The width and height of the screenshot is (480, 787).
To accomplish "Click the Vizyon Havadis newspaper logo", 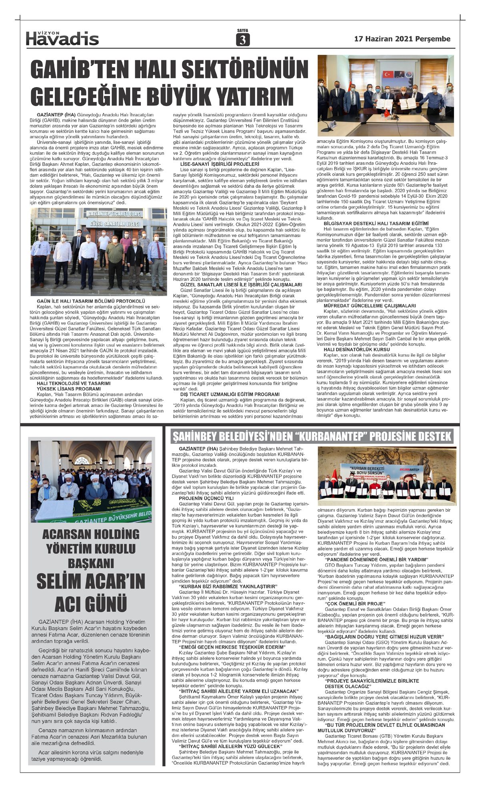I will click(62, 38).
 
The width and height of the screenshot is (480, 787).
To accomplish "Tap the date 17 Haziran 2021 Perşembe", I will click(402, 39).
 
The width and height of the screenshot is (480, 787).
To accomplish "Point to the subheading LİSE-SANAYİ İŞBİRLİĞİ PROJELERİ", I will click(220, 164).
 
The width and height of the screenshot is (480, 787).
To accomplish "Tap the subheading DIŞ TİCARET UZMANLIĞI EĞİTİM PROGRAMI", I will click(230, 394).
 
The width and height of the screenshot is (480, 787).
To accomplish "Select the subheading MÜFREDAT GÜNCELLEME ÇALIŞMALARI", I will click(364, 305).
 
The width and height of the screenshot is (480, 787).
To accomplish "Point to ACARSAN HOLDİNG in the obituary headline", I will click(91, 534).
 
